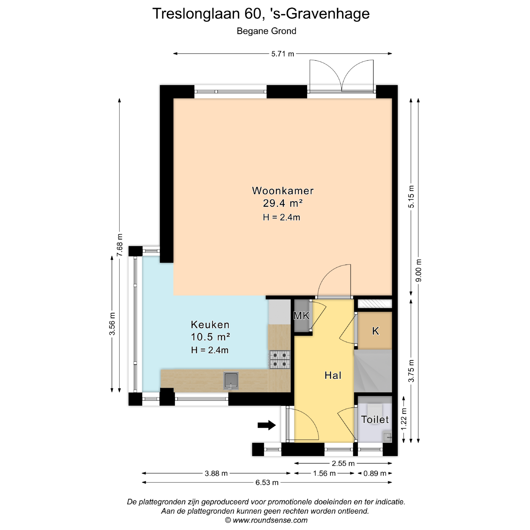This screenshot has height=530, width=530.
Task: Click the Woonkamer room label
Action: pyautogui.click(x=283, y=191)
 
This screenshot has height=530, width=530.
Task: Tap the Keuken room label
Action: pyautogui.click(x=210, y=325)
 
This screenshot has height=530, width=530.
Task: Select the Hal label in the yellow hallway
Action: pyautogui.click(x=333, y=375)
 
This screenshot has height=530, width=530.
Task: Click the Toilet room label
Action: pyautogui.click(x=375, y=420)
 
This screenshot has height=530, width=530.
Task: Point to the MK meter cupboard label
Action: pyautogui.click(x=301, y=316)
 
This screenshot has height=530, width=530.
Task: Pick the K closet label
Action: pyautogui.click(x=375, y=331)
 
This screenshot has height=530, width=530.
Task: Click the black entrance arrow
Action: pyautogui.click(x=267, y=425)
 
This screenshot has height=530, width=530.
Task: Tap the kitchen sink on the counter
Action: pyautogui.click(x=231, y=381)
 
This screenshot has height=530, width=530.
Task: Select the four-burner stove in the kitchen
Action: pyautogui.click(x=280, y=360)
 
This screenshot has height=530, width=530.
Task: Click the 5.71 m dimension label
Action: pyautogui.click(x=282, y=54)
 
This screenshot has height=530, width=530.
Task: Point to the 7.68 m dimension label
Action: pyautogui.click(x=120, y=245)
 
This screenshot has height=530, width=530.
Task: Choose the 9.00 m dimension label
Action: pyautogui.click(x=418, y=271)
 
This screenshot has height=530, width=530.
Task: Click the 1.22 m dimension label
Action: pyautogui.click(x=404, y=419)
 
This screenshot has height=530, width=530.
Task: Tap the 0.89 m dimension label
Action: pyautogui.click(x=375, y=473)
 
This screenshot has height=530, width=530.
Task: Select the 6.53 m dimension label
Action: pyautogui.click(x=267, y=483)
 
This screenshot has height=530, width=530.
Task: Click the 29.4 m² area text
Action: pyautogui.click(x=283, y=203)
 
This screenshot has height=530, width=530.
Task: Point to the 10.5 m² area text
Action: pyautogui.click(x=210, y=337)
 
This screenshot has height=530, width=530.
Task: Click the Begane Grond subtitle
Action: pyautogui.click(x=266, y=31)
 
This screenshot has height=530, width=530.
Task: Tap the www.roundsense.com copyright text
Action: pyautogui.click(x=266, y=520)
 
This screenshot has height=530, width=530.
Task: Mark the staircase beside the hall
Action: pyautogui.click(x=373, y=371)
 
